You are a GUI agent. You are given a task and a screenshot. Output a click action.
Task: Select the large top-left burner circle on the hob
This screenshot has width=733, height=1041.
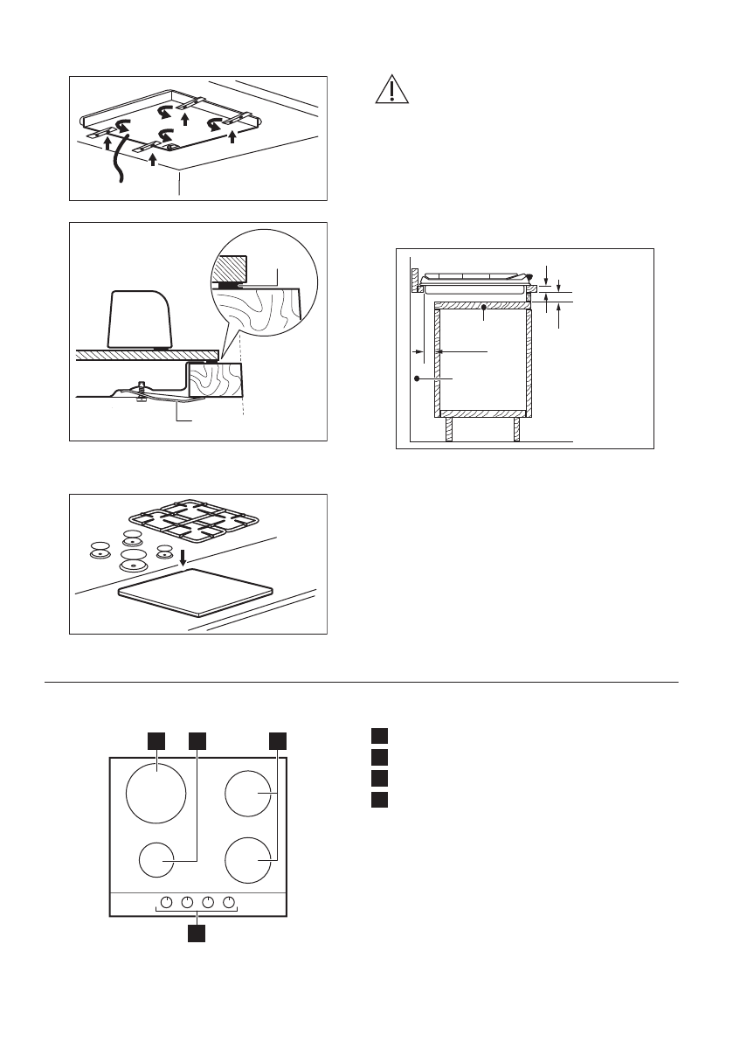pyautogui.click(x=156, y=795)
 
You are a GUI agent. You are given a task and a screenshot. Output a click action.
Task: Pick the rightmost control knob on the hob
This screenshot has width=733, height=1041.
pyautogui.click(x=229, y=902)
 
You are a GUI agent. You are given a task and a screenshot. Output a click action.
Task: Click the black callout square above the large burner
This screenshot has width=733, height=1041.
pyautogui.click(x=156, y=740)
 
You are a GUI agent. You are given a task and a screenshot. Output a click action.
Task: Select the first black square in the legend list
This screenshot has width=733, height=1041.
pyautogui.click(x=377, y=736)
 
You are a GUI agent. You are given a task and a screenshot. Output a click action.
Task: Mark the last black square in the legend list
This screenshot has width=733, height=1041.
pyautogui.click(x=377, y=799)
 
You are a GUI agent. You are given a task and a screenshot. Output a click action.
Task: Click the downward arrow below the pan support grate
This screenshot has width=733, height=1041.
pyautogui.click(x=182, y=557)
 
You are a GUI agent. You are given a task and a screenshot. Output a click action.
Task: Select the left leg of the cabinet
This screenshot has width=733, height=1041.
pyautogui.click(x=449, y=429)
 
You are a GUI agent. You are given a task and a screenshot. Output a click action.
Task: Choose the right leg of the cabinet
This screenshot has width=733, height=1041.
pyautogui.click(x=517, y=429)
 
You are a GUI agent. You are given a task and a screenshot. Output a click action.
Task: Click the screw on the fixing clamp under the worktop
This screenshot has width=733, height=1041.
pyautogui.click(x=140, y=392)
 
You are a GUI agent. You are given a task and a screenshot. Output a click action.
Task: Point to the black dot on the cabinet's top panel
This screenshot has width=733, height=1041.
pyautogui.click(x=484, y=308)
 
